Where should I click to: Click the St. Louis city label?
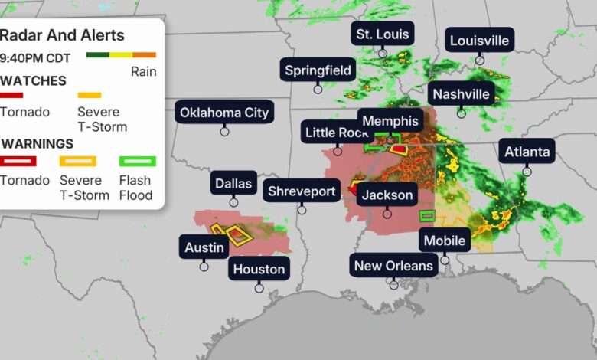[383, 34]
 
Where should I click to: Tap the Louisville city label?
[480, 41]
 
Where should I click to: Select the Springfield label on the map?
[318, 70]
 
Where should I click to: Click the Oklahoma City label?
[224, 113]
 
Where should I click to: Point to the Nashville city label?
[461, 94]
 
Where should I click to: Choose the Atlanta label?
[527, 152]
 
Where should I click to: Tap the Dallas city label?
[233, 183]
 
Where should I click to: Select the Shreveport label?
[302, 191]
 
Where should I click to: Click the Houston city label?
[259, 269]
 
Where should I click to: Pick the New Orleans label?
[393, 266]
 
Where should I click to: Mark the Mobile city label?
[445, 241]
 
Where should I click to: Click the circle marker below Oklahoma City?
[224, 131]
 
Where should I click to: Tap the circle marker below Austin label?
[204, 266]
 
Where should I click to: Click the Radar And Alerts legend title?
[62, 36]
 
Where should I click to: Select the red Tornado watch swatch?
[12, 96]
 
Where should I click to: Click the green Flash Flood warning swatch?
[138, 161]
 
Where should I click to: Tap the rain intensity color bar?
[121, 55]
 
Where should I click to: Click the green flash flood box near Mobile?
[427, 215]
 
